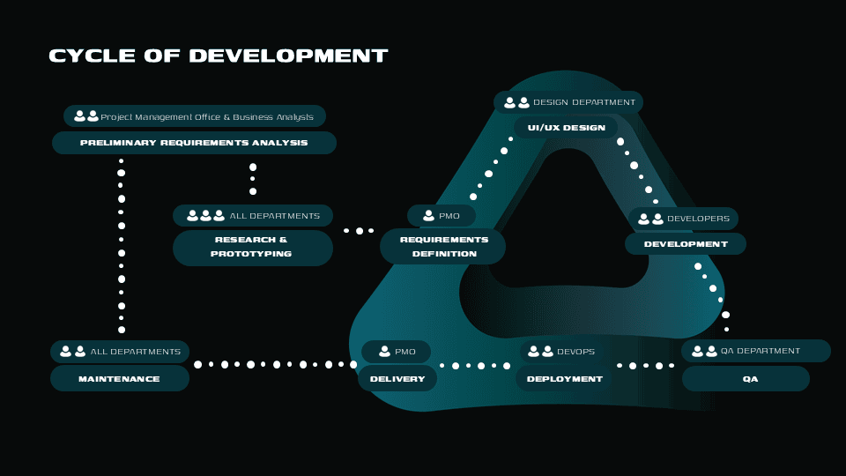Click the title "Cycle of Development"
[x=218, y=56]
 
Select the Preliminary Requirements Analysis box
[x=194, y=143]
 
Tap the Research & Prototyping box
[x=252, y=247]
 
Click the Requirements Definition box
[x=443, y=246]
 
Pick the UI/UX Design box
[x=567, y=128]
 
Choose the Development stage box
[x=686, y=244]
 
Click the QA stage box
[x=746, y=379]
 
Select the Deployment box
[x=564, y=379]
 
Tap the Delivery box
[x=397, y=379]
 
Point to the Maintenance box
[x=120, y=379]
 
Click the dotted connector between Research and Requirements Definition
[x=359, y=231]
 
